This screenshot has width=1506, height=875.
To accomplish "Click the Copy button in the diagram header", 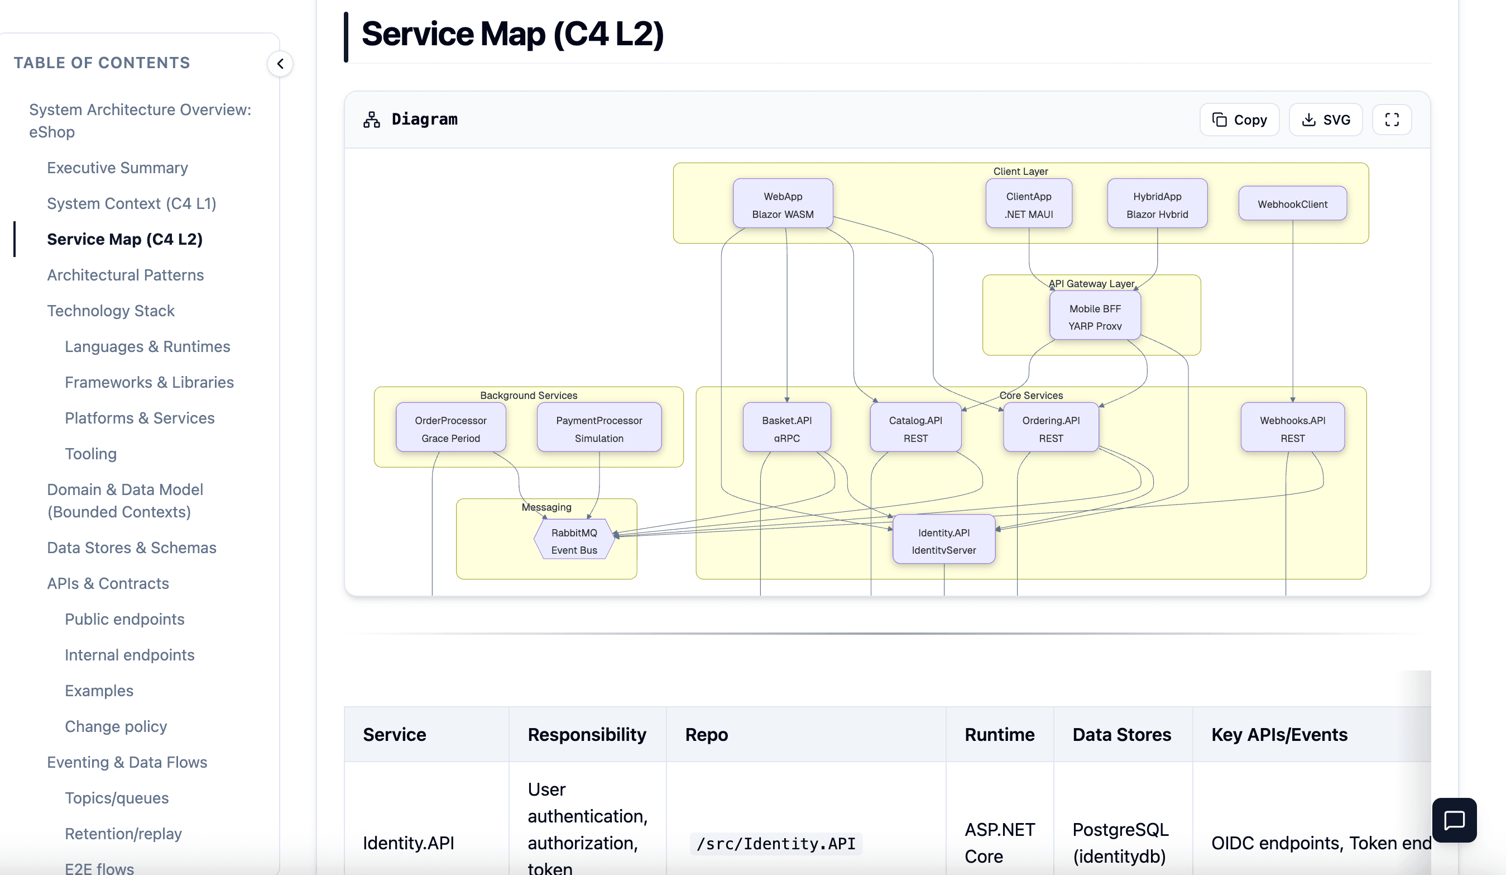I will pos(1239,120).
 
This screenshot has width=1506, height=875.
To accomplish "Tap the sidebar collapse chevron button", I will pos(280,63).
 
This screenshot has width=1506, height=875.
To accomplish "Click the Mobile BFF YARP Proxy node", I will pos(1094,317).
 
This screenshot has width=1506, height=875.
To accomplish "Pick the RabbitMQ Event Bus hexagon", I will pos(574,541).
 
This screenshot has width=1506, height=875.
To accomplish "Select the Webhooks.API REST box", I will pos(1292,428).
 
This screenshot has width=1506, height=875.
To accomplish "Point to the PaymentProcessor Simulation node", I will pos(599,428).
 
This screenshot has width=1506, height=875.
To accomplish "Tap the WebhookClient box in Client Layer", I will pos(1292,204).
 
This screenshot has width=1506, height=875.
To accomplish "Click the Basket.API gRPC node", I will pos(786,428).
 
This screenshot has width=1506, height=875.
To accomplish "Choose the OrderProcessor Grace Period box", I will pos(450,428).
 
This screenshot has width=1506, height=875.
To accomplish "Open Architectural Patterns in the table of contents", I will pos(126,275).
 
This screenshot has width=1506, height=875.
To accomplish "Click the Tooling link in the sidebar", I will pos(91,454).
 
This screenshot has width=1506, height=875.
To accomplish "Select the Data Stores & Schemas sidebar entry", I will pos(132,548).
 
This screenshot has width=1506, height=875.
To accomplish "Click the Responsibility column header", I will pos(586,734).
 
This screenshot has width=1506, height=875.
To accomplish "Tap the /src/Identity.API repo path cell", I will pos(776,843).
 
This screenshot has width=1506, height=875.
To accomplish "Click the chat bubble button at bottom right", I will pos(1454,820).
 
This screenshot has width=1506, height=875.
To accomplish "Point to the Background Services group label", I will pos(528,396).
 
